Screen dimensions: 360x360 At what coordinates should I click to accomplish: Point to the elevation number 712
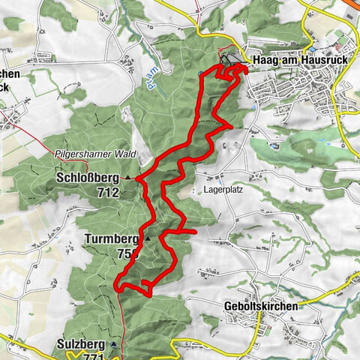108,192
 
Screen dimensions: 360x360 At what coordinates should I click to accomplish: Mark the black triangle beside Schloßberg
128,178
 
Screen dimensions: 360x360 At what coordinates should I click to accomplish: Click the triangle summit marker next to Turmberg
148,238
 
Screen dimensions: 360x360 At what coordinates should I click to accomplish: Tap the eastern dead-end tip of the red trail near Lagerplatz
195,232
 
